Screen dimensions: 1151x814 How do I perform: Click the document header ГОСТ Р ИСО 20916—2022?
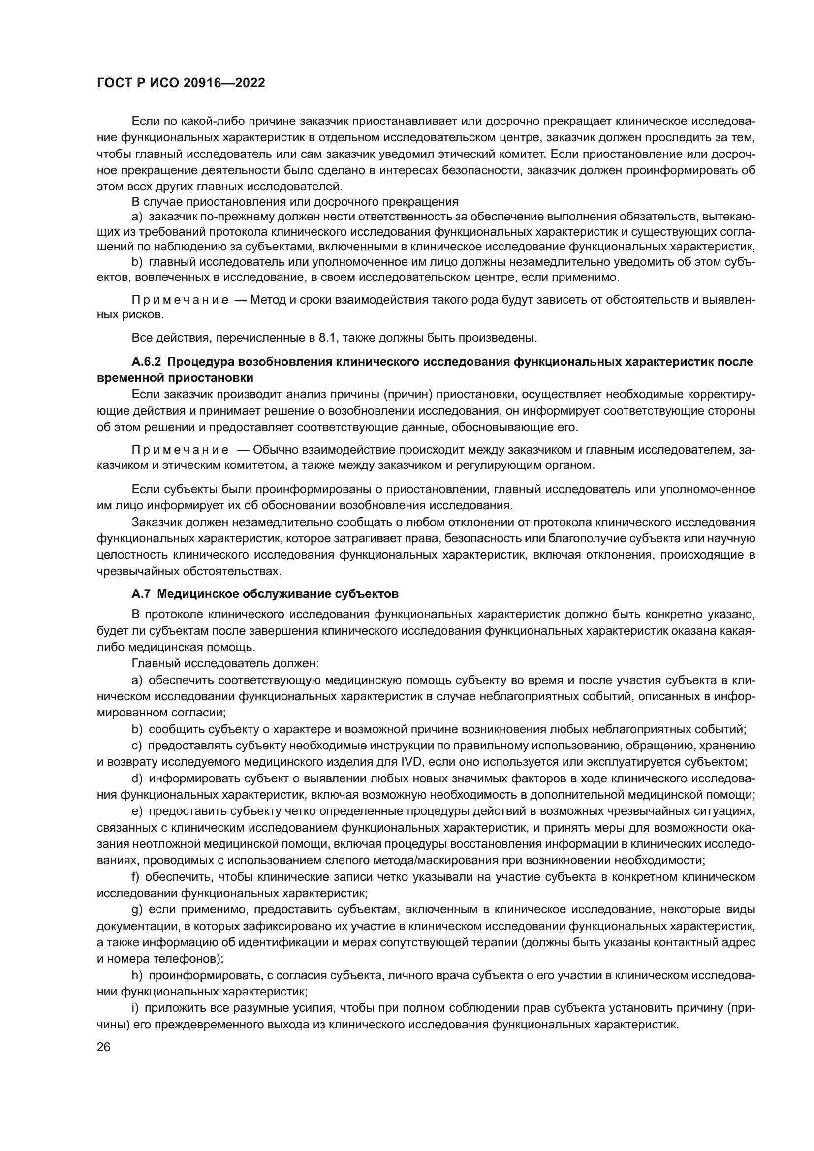[x=181, y=83]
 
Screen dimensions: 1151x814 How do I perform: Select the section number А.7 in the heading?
[x=141, y=594]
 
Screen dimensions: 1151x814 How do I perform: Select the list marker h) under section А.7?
[x=137, y=975]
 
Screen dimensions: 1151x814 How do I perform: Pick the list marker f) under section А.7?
[x=136, y=877]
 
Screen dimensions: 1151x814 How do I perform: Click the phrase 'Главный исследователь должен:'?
[x=225, y=663]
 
